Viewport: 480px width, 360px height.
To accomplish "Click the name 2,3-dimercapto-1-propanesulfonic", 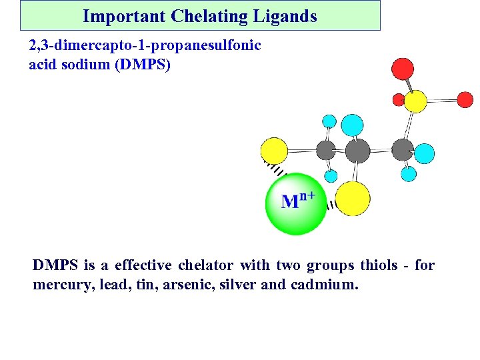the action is [145, 46].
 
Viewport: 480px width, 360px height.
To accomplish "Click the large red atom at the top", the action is [402, 69].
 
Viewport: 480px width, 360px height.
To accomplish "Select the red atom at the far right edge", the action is [465, 100].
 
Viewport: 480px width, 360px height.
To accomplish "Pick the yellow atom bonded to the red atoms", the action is [415, 101].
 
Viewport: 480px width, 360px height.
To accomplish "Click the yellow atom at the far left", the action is [273, 151].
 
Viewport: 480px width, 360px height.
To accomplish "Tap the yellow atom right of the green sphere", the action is [353, 198].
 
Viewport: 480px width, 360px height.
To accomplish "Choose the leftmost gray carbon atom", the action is [326, 151].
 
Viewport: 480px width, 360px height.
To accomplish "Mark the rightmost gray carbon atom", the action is [402, 150].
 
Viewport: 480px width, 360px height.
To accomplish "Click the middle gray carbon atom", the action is [357, 151].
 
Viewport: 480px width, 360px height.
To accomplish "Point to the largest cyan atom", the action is [352, 125].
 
